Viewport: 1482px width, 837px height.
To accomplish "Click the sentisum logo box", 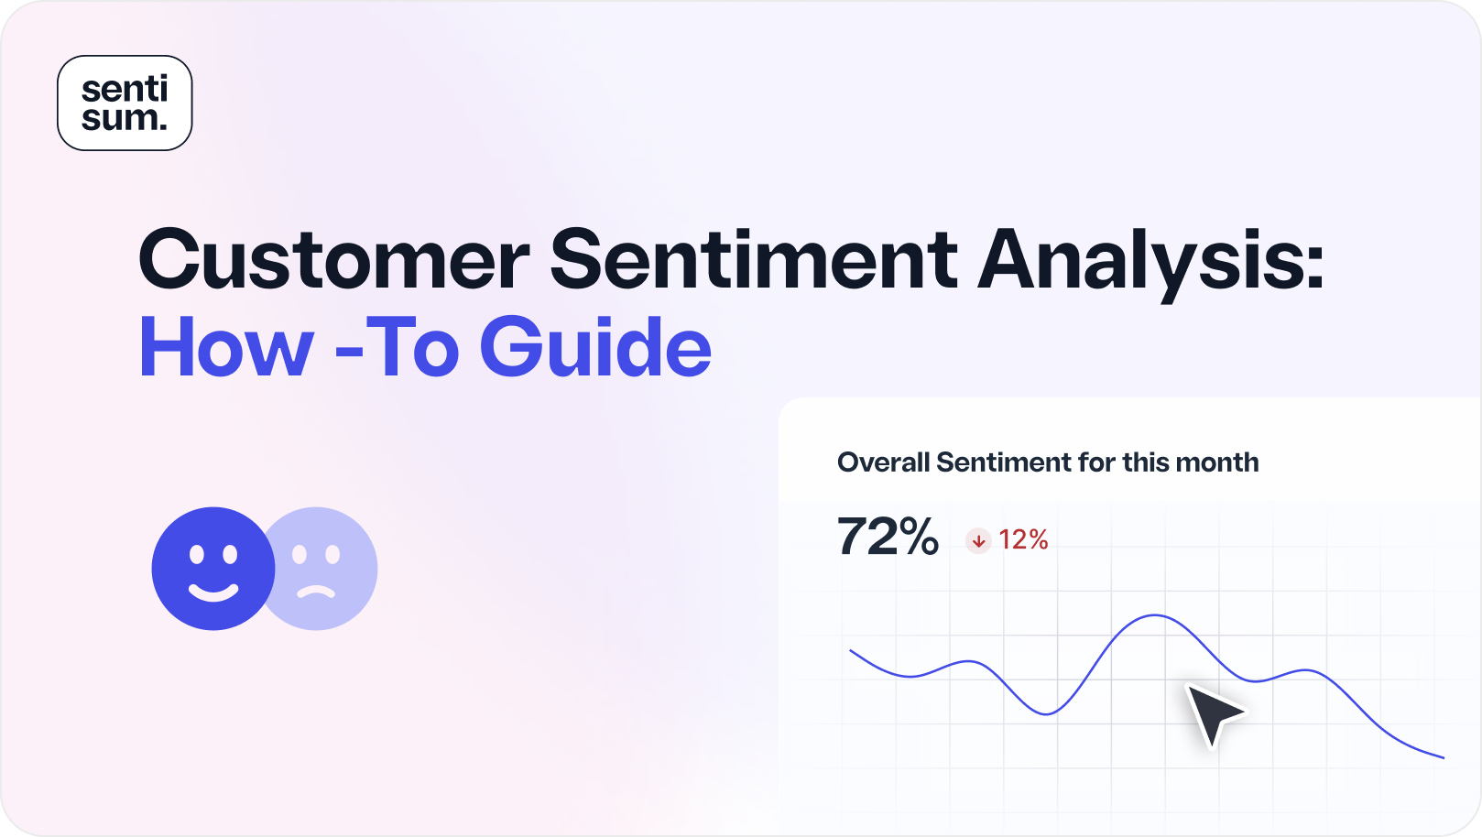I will point(125,103).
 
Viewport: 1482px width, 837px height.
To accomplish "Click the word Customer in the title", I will point(333,260).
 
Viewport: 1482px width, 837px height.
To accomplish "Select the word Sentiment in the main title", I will point(753,260).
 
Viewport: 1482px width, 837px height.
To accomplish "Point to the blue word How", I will point(226,348).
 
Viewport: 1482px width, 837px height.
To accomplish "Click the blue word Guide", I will point(595,348).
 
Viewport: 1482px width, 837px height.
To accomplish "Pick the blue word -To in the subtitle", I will point(397,348).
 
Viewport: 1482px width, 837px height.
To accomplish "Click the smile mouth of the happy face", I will point(212,591).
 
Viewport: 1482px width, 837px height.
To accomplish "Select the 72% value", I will point(887,538).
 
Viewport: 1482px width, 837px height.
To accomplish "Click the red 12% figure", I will point(1023,540).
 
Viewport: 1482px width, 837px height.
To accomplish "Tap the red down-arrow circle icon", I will point(978,541).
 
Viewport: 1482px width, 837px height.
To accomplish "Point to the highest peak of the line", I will point(1156,616).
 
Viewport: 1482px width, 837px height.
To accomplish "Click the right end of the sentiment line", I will point(1443,757).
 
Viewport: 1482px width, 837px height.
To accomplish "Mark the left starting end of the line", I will point(852,651).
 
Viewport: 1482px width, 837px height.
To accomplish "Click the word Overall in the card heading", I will point(883,462).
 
